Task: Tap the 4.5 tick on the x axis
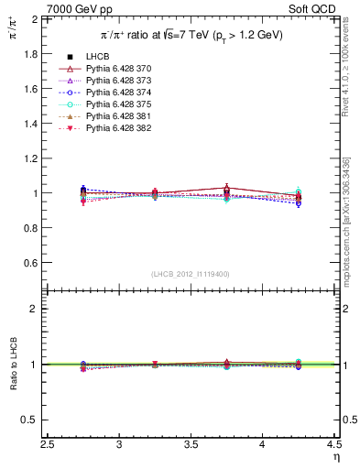coord(334,445)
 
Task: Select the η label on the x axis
coord(335,456)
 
